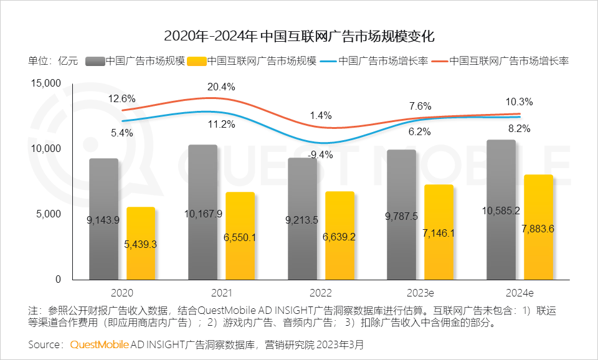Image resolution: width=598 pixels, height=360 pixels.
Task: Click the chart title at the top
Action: tap(299, 35)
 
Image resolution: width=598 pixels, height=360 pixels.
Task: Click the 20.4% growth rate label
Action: tap(222, 87)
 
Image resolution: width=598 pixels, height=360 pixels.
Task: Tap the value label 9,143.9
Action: tap(103, 219)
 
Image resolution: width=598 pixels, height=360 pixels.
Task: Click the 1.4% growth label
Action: tap(321, 116)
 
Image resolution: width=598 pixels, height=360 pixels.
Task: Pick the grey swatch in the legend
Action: tap(94, 61)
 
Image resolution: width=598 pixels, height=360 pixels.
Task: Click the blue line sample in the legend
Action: tap(328, 61)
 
